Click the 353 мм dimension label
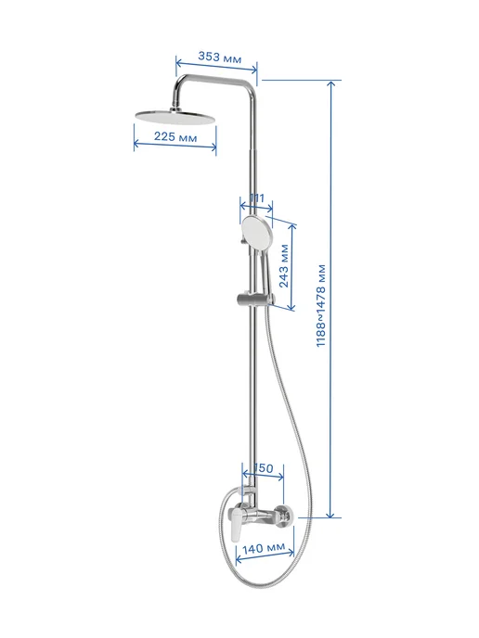click(x=219, y=57)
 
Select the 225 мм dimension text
click(x=175, y=136)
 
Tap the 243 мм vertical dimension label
click(x=284, y=266)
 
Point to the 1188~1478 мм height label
click(x=321, y=305)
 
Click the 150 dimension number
click(x=263, y=468)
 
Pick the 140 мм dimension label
click(x=264, y=548)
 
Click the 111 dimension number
click(x=256, y=198)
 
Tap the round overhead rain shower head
click(x=175, y=116)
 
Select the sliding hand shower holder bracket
click(x=256, y=299)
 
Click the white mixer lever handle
click(x=236, y=526)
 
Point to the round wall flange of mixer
click(x=283, y=517)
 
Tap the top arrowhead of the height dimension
click(x=331, y=83)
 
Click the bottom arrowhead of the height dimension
click(x=331, y=515)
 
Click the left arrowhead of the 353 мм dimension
click(x=179, y=62)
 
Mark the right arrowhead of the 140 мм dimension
click(x=291, y=553)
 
